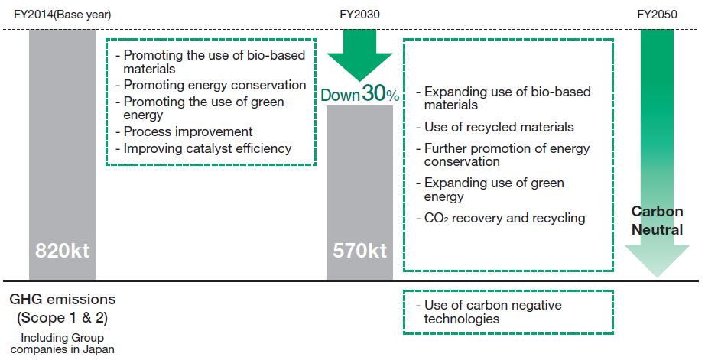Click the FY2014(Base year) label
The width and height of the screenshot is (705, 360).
point(62,15)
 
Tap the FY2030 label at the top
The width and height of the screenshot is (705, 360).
point(359,15)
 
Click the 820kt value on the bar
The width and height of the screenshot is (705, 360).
point(62,251)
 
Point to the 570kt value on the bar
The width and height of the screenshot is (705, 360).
point(359,251)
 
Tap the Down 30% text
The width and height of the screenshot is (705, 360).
point(359,95)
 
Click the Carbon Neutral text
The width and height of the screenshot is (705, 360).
point(657,219)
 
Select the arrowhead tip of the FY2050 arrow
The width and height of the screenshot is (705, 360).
point(657,274)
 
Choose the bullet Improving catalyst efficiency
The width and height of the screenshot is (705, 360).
point(203,148)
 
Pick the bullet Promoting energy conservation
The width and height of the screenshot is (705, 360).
point(210,86)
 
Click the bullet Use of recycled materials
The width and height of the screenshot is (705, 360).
point(499,127)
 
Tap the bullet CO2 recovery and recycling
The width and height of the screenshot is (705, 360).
point(505,218)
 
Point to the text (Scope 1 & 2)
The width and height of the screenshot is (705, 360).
point(62,317)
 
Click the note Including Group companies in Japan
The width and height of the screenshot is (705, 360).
point(62,344)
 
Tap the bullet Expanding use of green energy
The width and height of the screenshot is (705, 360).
point(494,190)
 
